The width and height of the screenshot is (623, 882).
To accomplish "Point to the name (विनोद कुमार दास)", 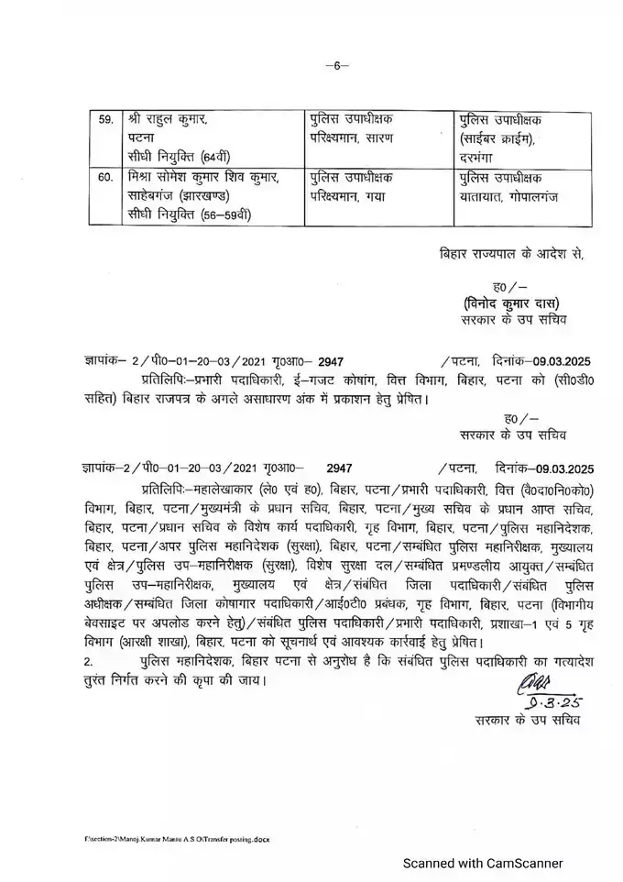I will [511, 303].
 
